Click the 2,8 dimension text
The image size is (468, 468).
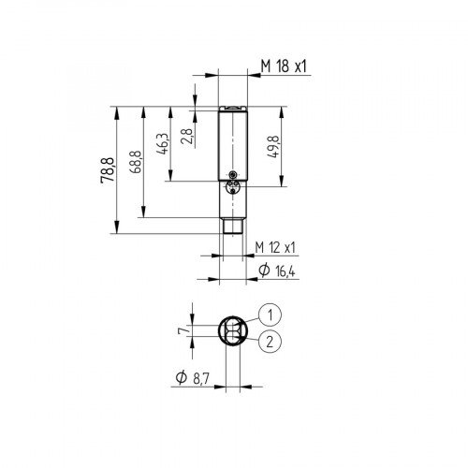coord(187,139)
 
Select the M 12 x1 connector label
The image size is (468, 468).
coord(276,247)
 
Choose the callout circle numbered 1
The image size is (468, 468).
coord(269,314)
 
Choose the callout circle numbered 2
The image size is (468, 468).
coord(269,343)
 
